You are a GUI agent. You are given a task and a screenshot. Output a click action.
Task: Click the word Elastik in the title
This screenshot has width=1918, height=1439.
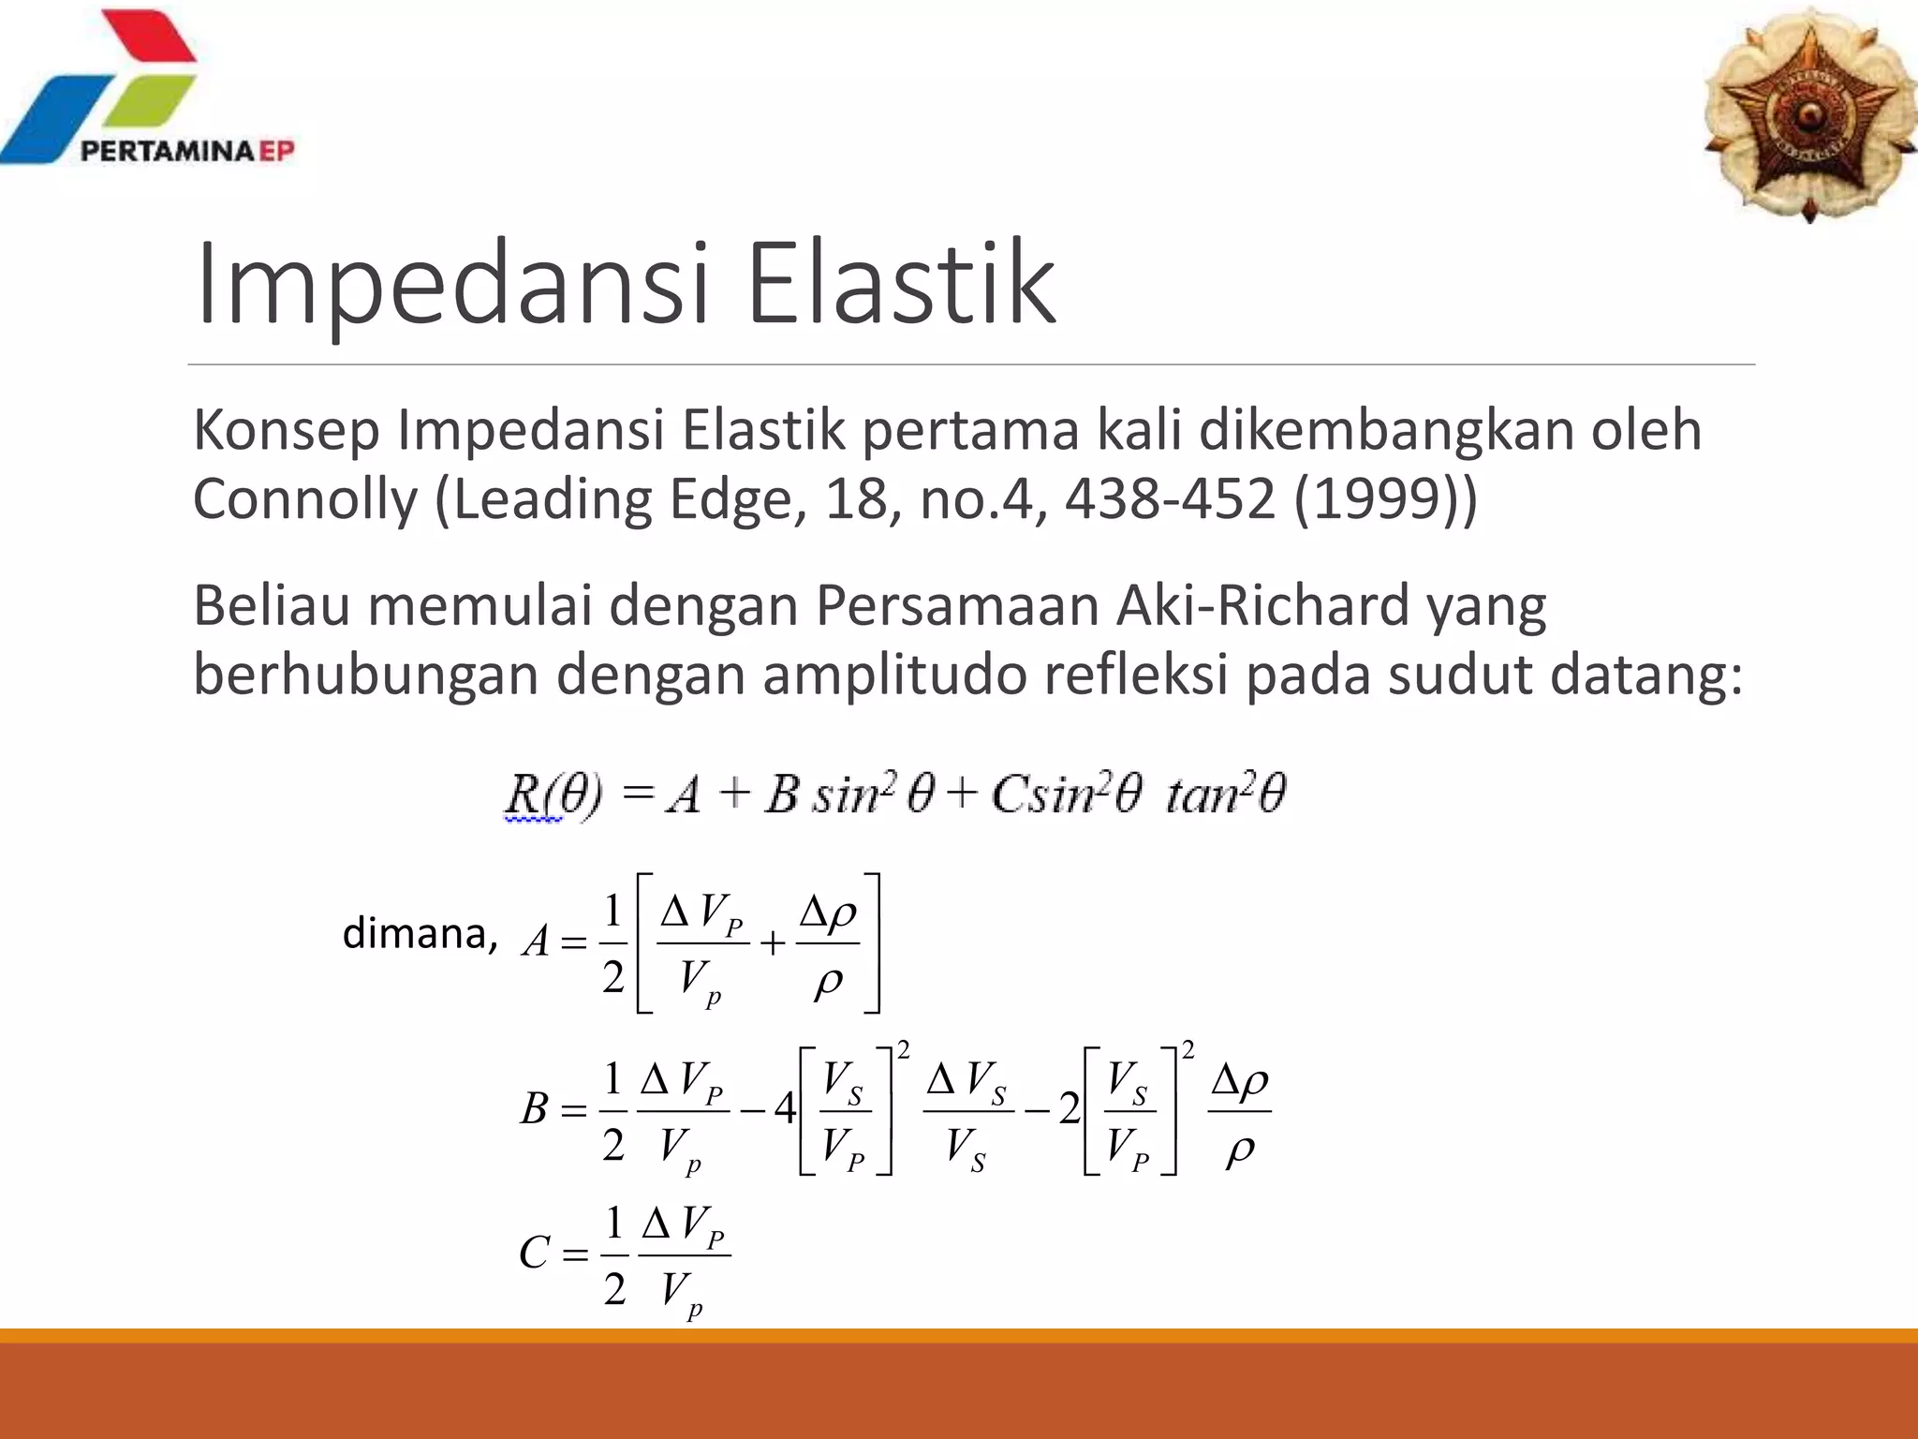[901, 284]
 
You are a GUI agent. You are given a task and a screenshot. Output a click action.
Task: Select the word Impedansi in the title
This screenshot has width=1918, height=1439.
[452, 284]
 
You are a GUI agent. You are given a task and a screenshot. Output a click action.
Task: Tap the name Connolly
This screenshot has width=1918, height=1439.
[304, 499]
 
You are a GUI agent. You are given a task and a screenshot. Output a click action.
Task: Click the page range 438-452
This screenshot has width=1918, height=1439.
[1170, 499]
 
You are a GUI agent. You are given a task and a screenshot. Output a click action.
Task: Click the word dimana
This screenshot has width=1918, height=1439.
[418, 933]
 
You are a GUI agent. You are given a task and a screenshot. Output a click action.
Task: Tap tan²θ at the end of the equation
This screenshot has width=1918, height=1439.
[1225, 794]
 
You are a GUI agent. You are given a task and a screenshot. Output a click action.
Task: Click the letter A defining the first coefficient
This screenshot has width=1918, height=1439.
[536, 942]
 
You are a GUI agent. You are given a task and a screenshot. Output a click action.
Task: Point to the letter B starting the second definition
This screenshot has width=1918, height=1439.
[534, 1110]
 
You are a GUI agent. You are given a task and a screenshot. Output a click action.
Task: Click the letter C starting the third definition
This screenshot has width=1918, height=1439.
[534, 1253]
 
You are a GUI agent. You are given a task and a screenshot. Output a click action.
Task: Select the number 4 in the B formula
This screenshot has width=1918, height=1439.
[785, 1110]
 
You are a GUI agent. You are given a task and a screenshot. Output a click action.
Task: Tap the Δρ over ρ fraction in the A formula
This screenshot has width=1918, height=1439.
[828, 944]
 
